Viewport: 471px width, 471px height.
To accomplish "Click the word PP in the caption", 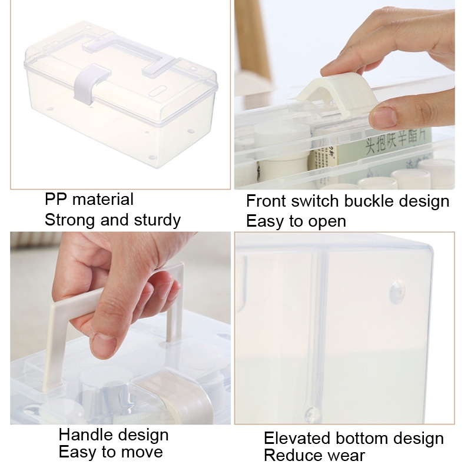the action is [x=56, y=199].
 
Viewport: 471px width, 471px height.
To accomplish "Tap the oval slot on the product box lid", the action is [x=159, y=91].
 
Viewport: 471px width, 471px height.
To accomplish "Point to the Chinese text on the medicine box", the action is [x=396, y=142].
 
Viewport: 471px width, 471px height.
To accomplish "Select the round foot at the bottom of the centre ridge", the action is [x=312, y=415].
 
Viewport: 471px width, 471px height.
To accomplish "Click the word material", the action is [x=103, y=200].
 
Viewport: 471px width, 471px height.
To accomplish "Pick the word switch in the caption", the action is [x=316, y=201].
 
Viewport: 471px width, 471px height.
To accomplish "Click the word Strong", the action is [x=70, y=220].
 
